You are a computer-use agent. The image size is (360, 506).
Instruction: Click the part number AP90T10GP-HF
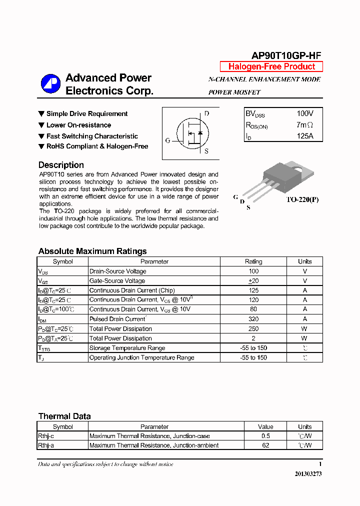pyautogui.click(x=286, y=56)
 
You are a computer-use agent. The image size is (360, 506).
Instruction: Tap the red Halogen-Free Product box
pyautogui.click(x=271, y=66)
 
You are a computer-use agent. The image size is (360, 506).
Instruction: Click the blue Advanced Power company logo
pyautogui.click(x=50, y=83)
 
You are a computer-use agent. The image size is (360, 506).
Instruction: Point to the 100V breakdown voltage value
pyautogui.click(x=305, y=114)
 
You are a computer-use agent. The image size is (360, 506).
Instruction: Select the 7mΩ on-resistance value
pyautogui.click(x=305, y=125)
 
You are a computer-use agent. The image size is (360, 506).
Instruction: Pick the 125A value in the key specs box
pyautogui.click(x=305, y=136)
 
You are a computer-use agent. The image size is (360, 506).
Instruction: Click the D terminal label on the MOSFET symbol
pyautogui.click(x=206, y=113)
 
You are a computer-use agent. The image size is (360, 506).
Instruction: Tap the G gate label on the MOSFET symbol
pyautogui.click(x=168, y=140)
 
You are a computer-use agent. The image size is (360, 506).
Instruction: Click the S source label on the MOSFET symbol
pyautogui.click(x=206, y=151)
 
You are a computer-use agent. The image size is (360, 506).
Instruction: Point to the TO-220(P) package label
pyautogui.click(x=302, y=199)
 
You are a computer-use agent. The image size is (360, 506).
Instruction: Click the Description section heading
pyautogui.click(x=61, y=165)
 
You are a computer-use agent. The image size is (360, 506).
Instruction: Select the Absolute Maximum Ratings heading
pyautogui.click(x=92, y=251)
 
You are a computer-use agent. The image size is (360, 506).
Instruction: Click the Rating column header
pyautogui.click(x=253, y=261)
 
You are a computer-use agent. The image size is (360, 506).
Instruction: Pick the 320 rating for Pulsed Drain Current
pyautogui.click(x=253, y=319)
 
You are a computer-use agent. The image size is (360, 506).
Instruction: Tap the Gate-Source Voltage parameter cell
pyautogui.click(x=117, y=281)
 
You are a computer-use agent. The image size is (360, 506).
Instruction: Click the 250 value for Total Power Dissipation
pyautogui.click(x=253, y=329)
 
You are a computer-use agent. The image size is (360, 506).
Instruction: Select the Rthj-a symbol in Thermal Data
pyautogui.click(x=46, y=445)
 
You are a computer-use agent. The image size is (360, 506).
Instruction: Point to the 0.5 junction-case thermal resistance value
pyautogui.click(x=265, y=436)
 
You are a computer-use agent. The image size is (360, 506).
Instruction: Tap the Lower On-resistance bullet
pyautogui.click(x=78, y=125)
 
